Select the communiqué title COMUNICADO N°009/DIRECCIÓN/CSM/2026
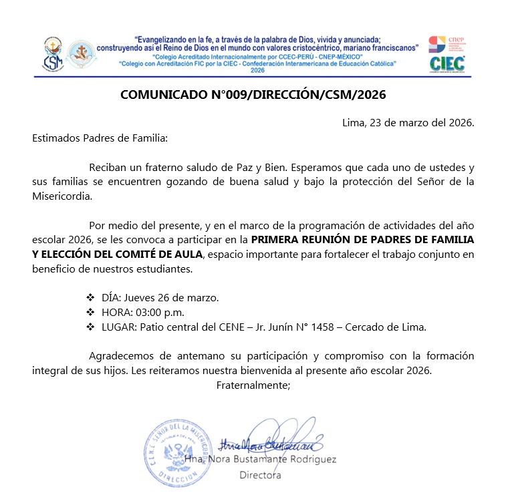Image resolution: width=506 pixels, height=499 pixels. [x=253, y=95]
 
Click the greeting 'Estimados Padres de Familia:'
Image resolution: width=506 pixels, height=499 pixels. [x=97, y=138]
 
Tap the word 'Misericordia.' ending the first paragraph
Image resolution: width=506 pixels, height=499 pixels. [x=61, y=197]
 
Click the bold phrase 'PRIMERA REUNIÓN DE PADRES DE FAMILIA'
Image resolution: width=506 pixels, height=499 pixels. [x=362, y=239]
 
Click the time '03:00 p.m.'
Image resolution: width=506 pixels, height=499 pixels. [x=160, y=312]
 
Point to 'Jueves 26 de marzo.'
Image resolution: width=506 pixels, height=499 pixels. [x=172, y=297]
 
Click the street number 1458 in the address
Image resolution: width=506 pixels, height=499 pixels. [x=313, y=327]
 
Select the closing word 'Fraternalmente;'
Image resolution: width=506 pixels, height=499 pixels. [x=253, y=384]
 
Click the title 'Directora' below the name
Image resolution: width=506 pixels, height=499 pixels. [x=260, y=475]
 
